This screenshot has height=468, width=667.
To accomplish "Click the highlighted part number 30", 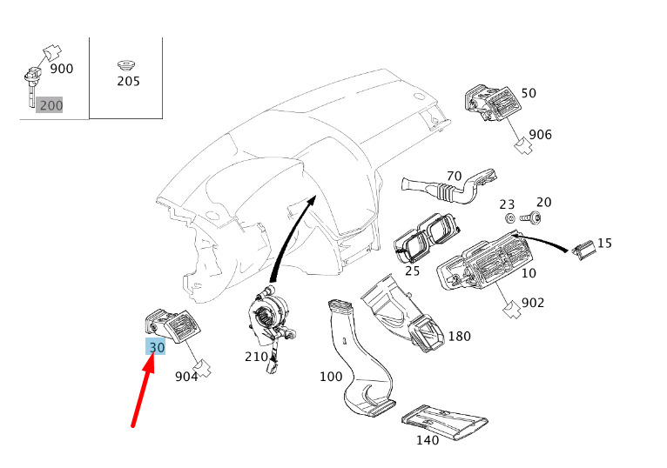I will [157, 347].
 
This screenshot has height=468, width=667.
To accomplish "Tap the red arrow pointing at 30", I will [143, 391].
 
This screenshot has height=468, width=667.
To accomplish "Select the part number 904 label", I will [186, 377].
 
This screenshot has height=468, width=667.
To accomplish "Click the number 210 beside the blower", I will [256, 357].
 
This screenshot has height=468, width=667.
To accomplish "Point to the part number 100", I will [331, 377].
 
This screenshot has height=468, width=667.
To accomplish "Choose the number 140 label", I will [427, 440].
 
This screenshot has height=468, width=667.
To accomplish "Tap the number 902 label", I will [532, 304].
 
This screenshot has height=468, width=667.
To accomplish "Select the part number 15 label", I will [604, 243].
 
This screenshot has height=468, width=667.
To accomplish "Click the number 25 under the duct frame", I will [413, 271].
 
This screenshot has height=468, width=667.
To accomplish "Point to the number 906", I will [540, 135].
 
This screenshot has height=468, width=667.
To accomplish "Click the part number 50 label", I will [529, 93].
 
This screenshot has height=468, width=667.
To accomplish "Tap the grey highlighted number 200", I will [51, 105].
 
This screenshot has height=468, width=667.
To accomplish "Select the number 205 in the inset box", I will [128, 82].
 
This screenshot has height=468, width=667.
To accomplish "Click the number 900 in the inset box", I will [62, 69].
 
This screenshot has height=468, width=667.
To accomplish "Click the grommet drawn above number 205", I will [127, 64].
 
